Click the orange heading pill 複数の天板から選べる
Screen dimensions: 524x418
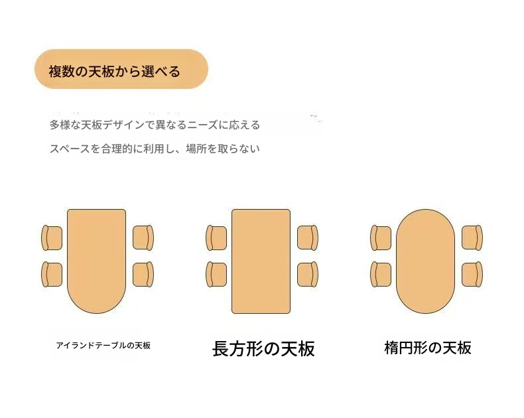click(x=121, y=69)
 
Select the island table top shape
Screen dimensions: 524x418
click(x=97, y=261)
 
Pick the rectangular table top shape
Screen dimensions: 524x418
click(x=261, y=261)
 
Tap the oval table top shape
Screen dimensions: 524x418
click(x=425, y=261)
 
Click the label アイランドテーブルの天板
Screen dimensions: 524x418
click(x=103, y=346)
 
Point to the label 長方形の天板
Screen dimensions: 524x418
click(x=263, y=349)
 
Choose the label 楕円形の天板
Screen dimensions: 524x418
click(x=428, y=348)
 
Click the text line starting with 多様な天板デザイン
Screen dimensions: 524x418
click(x=155, y=125)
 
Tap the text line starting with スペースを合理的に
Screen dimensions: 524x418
click(x=155, y=149)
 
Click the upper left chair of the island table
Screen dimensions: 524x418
click(x=52, y=238)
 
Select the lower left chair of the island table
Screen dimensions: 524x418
click(x=52, y=275)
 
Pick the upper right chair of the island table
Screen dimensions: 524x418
click(x=143, y=238)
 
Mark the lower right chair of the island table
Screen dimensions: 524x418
click(x=143, y=274)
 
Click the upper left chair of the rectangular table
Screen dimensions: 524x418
click(x=216, y=238)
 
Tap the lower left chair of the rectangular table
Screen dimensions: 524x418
click(x=216, y=275)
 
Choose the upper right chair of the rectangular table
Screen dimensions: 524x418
click(x=308, y=238)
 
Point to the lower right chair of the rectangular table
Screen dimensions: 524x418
click(x=308, y=274)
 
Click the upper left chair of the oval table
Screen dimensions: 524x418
click(x=381, y=238)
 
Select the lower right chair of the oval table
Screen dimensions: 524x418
click(x=472, y=274)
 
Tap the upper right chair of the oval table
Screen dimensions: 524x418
click(x=472, y=238)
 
